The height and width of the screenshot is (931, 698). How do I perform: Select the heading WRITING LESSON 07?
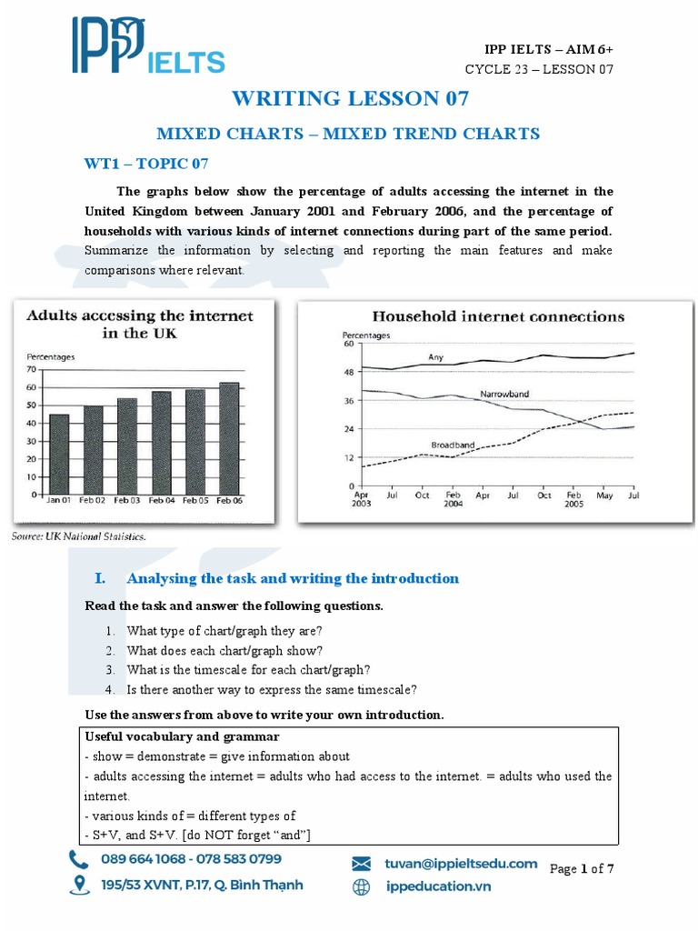[350, 98]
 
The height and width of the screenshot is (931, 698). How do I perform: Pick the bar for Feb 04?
[161, 443]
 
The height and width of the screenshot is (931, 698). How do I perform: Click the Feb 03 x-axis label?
[127, 501]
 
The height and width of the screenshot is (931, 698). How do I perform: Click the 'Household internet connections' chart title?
[499, 316]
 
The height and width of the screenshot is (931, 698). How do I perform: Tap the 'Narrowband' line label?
[504, 394]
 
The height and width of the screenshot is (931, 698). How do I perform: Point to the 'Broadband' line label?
[453, 445]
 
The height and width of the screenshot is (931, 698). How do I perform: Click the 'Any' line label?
[435, 357]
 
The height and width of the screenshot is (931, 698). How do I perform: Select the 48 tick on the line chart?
[347, 372]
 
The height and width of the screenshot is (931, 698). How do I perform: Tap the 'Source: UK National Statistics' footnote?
[78, 536]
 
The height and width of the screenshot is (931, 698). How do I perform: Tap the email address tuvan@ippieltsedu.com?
[461, 863]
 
